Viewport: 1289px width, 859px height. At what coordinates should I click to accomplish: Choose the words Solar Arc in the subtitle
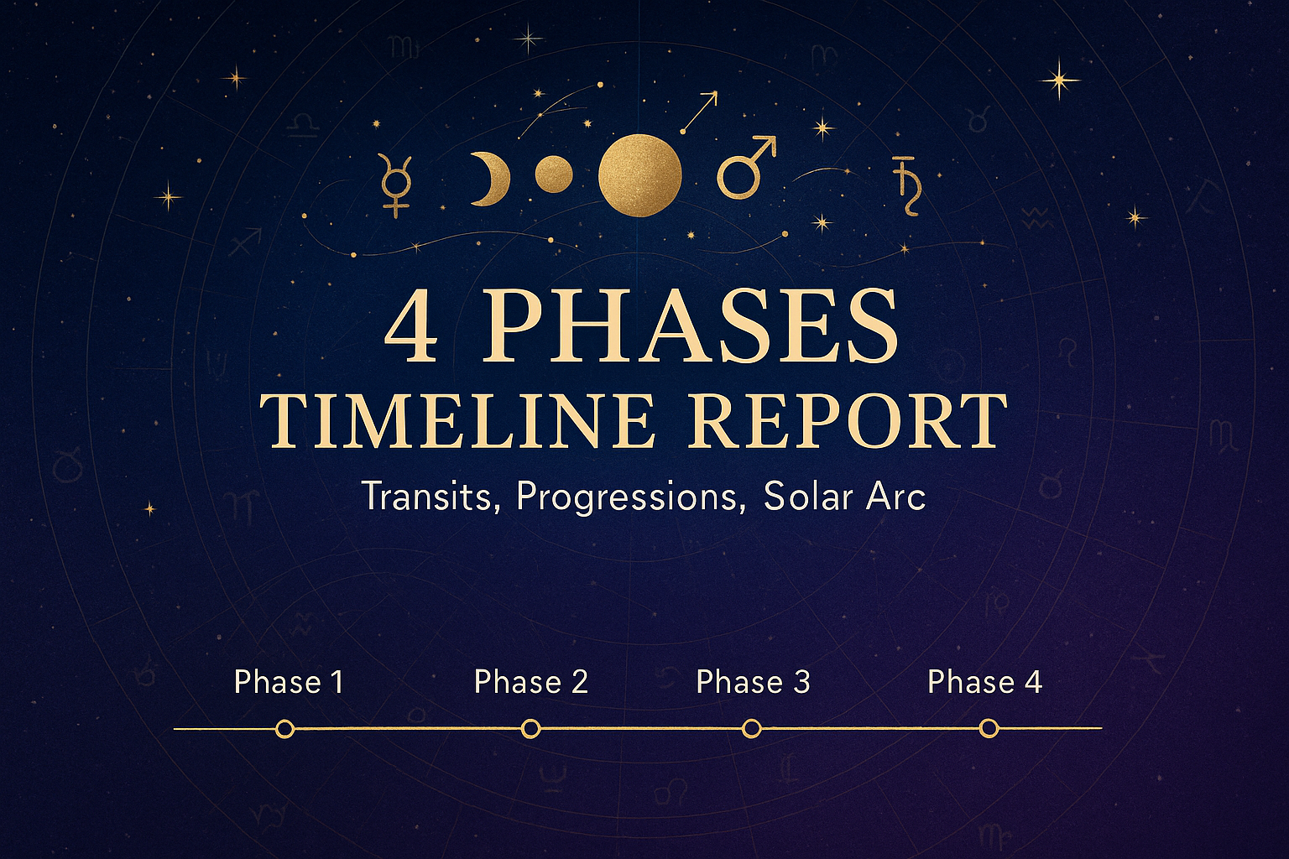(x=845, y=496)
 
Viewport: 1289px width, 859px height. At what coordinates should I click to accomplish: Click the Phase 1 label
(x=289, y=682)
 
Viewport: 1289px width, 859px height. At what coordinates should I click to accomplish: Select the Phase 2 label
(x=530, y=682)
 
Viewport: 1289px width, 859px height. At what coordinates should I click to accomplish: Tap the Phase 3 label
(x=753, y=682)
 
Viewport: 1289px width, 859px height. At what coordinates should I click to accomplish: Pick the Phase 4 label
(x=984, y=682)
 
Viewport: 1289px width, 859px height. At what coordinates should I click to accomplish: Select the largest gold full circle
(x=640, y=175)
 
